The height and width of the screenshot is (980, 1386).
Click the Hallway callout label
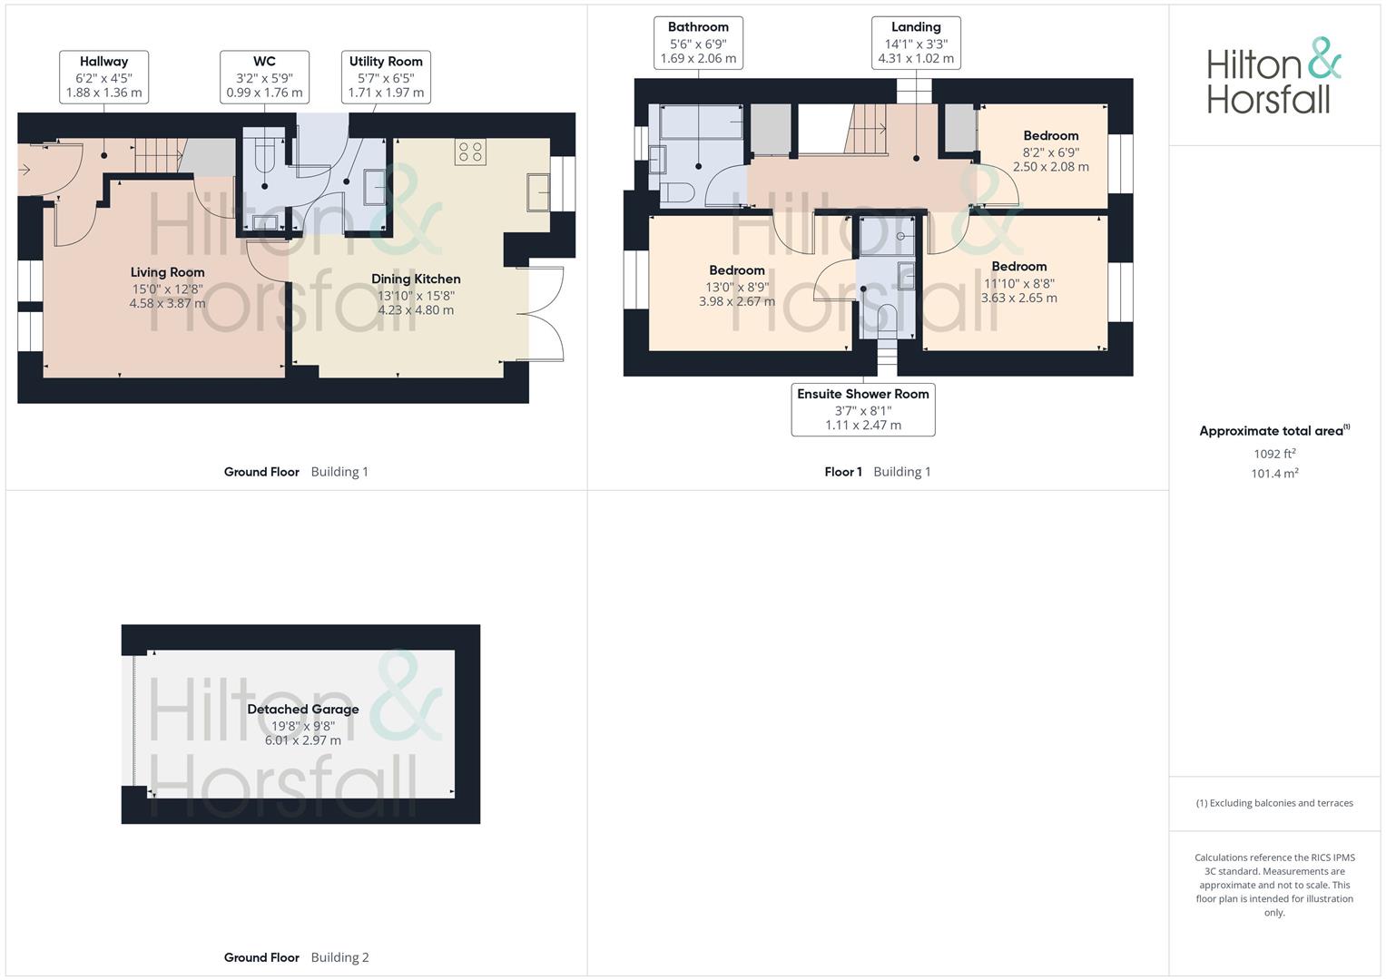104,77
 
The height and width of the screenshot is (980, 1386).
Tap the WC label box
264,77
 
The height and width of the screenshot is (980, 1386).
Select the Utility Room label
386,77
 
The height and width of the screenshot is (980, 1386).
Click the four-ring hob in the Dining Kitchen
470,152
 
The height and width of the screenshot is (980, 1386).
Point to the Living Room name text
167,272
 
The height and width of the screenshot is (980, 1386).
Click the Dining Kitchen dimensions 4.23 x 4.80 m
416,310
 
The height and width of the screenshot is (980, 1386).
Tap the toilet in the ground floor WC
264,158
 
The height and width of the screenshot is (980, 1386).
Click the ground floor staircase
161,155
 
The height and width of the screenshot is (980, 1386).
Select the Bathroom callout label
699,43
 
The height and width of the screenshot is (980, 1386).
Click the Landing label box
917,43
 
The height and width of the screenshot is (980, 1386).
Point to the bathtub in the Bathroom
701,122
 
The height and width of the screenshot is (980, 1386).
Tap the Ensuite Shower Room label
863,409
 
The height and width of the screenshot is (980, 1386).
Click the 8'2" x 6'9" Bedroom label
1051,151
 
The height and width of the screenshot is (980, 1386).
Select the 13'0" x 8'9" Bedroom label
737,286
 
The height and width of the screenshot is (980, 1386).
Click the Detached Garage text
303,709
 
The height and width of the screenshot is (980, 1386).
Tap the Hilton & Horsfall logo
1274,76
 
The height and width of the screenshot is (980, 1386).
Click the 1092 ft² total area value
1274,454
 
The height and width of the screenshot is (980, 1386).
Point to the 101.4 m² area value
1274,474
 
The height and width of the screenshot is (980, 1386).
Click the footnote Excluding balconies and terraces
1274,803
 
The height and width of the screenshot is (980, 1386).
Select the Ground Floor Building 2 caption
297,957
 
